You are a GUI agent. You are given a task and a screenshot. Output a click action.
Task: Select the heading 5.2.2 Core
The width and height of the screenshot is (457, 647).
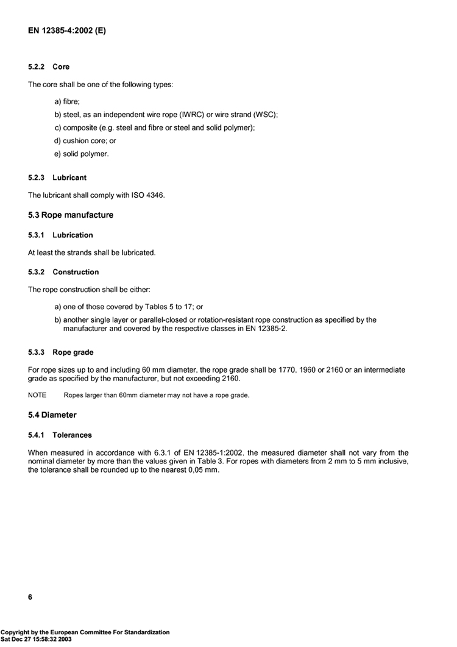(x=49, y=66)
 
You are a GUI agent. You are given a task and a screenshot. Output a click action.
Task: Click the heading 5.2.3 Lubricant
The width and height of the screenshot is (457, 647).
(x=57, y=177)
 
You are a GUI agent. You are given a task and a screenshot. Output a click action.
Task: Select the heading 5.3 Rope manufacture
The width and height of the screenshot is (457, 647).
(x=71, y=215)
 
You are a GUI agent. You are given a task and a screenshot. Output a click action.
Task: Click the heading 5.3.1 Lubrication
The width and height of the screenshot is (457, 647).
(x=60, y=235)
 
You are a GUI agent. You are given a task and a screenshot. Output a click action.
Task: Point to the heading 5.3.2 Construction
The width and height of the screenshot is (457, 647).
(x=63, y=272)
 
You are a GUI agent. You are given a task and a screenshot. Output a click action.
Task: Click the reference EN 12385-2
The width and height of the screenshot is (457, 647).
(x=265, y=329)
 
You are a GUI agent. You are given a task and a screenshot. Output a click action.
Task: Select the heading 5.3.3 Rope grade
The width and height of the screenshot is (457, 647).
(x=61, y=352)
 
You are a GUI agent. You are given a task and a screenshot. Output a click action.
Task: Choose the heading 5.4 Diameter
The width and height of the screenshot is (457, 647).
(x=52, y=415)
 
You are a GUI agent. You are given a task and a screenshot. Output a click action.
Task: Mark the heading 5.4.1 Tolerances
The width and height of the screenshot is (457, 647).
(x=60, y=435)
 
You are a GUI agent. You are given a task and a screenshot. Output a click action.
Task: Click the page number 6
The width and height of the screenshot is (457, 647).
(x=30, y=597)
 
